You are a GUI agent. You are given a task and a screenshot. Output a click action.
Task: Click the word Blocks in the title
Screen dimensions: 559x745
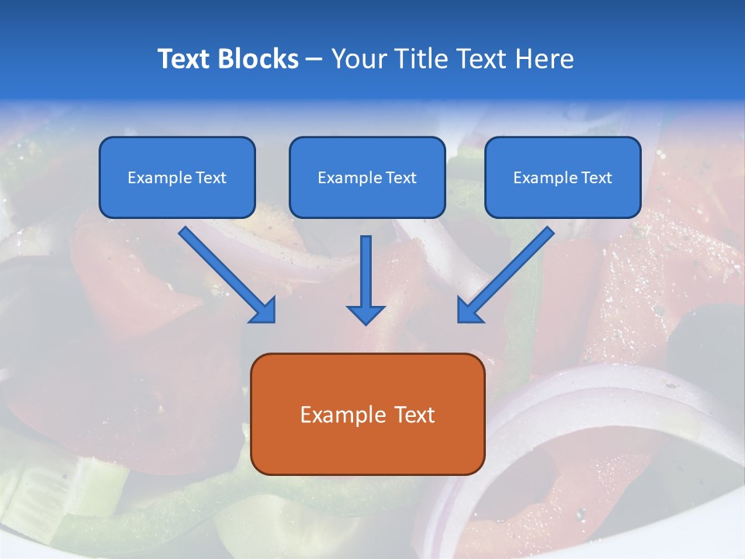tap(259, 59)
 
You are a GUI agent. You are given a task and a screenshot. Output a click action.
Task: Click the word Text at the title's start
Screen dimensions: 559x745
tap(185, 59)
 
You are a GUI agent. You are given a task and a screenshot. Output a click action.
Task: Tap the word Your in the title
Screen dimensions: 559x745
tap(357, 59)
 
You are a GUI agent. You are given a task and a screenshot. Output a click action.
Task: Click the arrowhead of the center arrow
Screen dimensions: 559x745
tap(366, 314)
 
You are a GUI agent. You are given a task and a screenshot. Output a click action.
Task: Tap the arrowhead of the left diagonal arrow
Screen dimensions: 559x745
tap(265, 311)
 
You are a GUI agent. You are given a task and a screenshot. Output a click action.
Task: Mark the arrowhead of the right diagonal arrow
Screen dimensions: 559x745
tap(469, 311)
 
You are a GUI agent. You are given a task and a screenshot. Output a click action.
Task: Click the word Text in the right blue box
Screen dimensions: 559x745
tap(597, 178)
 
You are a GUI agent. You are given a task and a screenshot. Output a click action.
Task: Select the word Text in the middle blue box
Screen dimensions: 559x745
tap(401, 178)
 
